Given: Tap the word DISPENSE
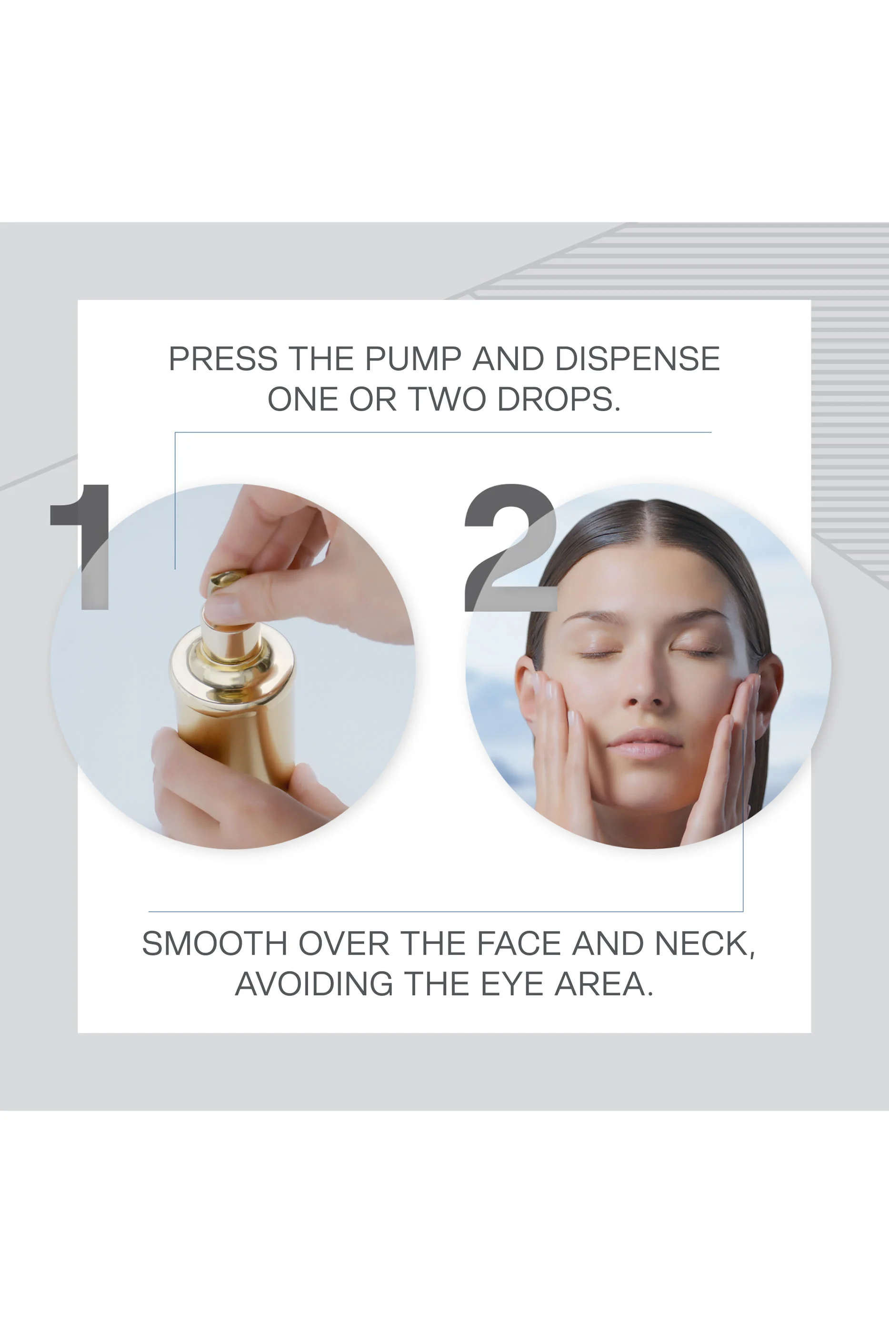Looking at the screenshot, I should pyautogui.click(x=637, y=359).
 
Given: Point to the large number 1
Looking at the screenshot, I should pyautogui.click(x=85, y=547).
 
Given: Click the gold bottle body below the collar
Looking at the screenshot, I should pyautogui.click(x=235, y=737).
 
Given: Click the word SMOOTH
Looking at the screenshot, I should pyautogui.click(x=214, y=944).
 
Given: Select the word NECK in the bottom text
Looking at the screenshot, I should pyautogui.click(x=704, y=944).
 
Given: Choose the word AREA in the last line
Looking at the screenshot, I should pyautogui.click(x=603, y=984).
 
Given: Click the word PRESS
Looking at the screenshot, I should pyautogui.click(x=223, y=359).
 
